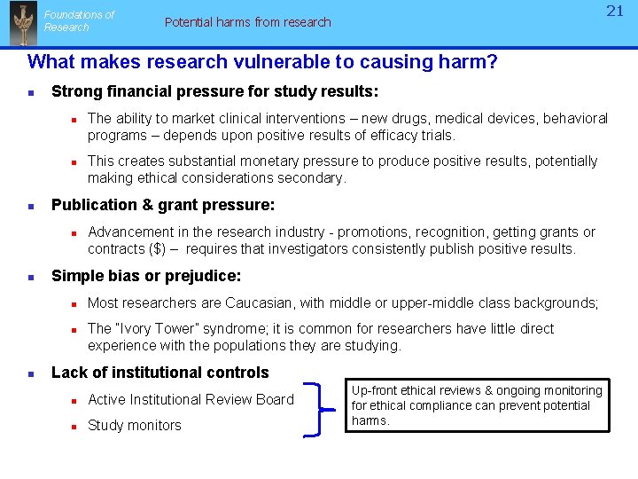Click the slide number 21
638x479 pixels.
[615, 12]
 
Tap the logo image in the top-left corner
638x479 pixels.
[22, 23]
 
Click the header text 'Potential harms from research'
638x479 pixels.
[247, 22]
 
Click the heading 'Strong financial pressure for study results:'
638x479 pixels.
[215, 91]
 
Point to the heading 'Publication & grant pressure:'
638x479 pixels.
[163, 205]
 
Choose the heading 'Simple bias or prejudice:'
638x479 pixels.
[146, 276]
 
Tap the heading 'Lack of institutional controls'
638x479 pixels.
[160, 373]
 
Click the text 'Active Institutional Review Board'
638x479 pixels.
[191, 399]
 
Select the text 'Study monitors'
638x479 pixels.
[135, 426]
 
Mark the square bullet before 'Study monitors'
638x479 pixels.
[75, 426]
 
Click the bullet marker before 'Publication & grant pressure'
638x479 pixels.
[31, 206]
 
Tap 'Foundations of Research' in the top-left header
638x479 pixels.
[79, 21]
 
